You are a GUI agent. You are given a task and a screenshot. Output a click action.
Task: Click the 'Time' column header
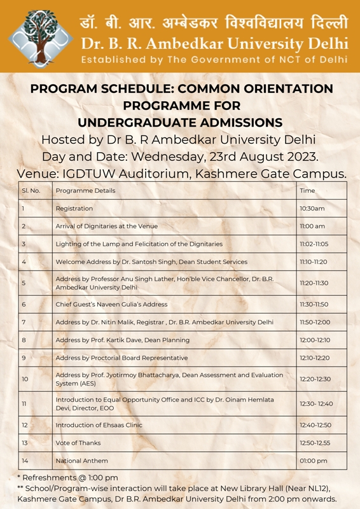point(307,190)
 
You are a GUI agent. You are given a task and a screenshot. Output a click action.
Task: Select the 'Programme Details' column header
point(80,190)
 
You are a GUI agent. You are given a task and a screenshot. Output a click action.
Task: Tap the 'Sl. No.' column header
point(31,190)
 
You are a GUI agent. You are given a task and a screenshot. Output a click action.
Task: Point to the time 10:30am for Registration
point(312,208)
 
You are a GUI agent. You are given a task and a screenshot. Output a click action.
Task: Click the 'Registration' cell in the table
point(74,208)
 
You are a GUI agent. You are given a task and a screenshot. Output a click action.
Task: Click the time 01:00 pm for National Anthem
point(313,460)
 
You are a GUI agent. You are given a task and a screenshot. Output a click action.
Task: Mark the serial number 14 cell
point(25,460)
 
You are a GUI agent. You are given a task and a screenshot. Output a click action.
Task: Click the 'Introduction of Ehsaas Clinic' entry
point(99,424)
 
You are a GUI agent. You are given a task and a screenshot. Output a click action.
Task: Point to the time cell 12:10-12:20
point(315,358)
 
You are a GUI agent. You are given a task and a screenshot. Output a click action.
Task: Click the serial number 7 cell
point(24,323)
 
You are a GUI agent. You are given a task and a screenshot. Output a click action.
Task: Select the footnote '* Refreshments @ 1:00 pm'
point(67,477)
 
